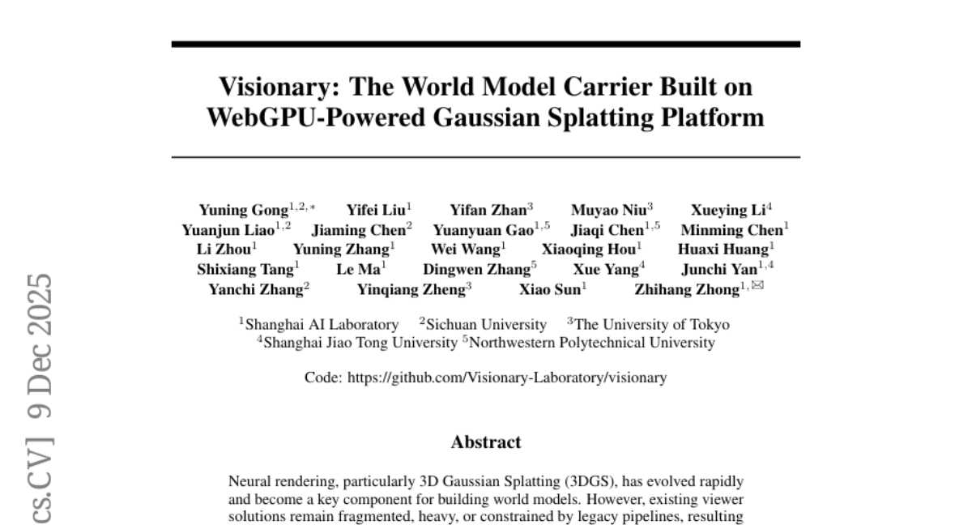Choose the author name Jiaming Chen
360,229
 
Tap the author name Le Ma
358,268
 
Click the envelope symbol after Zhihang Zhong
758,285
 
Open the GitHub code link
508,378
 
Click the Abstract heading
485,442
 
